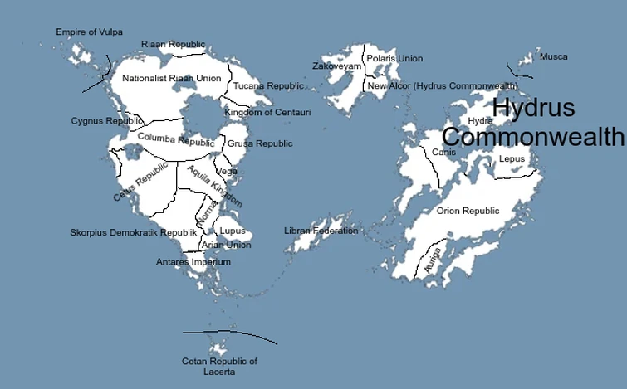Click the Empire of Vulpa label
coord(89,32)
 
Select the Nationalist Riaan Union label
coord(172,79)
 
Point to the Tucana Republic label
coord(268,86)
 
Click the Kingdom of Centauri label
coord(267,112)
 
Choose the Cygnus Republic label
coord(107,121)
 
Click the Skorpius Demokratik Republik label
coord(134,233)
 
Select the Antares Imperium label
coord(193,262)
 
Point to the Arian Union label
coord(227,246)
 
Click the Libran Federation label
coord(321,231)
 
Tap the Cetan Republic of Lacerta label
coord(219,367)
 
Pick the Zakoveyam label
coord(337,66)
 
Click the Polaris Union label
coord(394,59)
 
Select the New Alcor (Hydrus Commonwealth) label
coord(442,86)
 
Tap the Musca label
coord(554,57)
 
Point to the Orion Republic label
coord(468,212)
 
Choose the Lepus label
coord(512,158)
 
